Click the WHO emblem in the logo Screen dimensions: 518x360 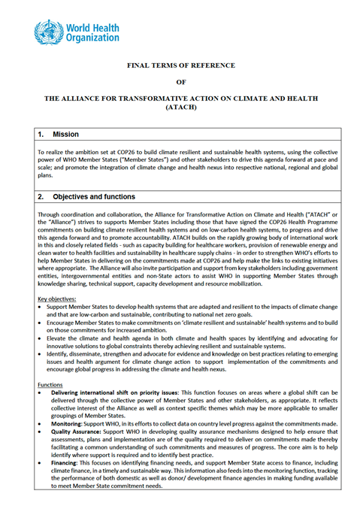point(47,32)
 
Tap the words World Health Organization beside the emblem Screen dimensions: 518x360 point(91,32)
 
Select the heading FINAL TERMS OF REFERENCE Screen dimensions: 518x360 point(180,66)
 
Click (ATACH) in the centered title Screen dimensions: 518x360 point(180,108)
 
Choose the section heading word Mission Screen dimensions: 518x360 point(68,134)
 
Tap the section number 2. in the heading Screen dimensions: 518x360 point(42,197)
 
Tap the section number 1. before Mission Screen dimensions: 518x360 point(42,134)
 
